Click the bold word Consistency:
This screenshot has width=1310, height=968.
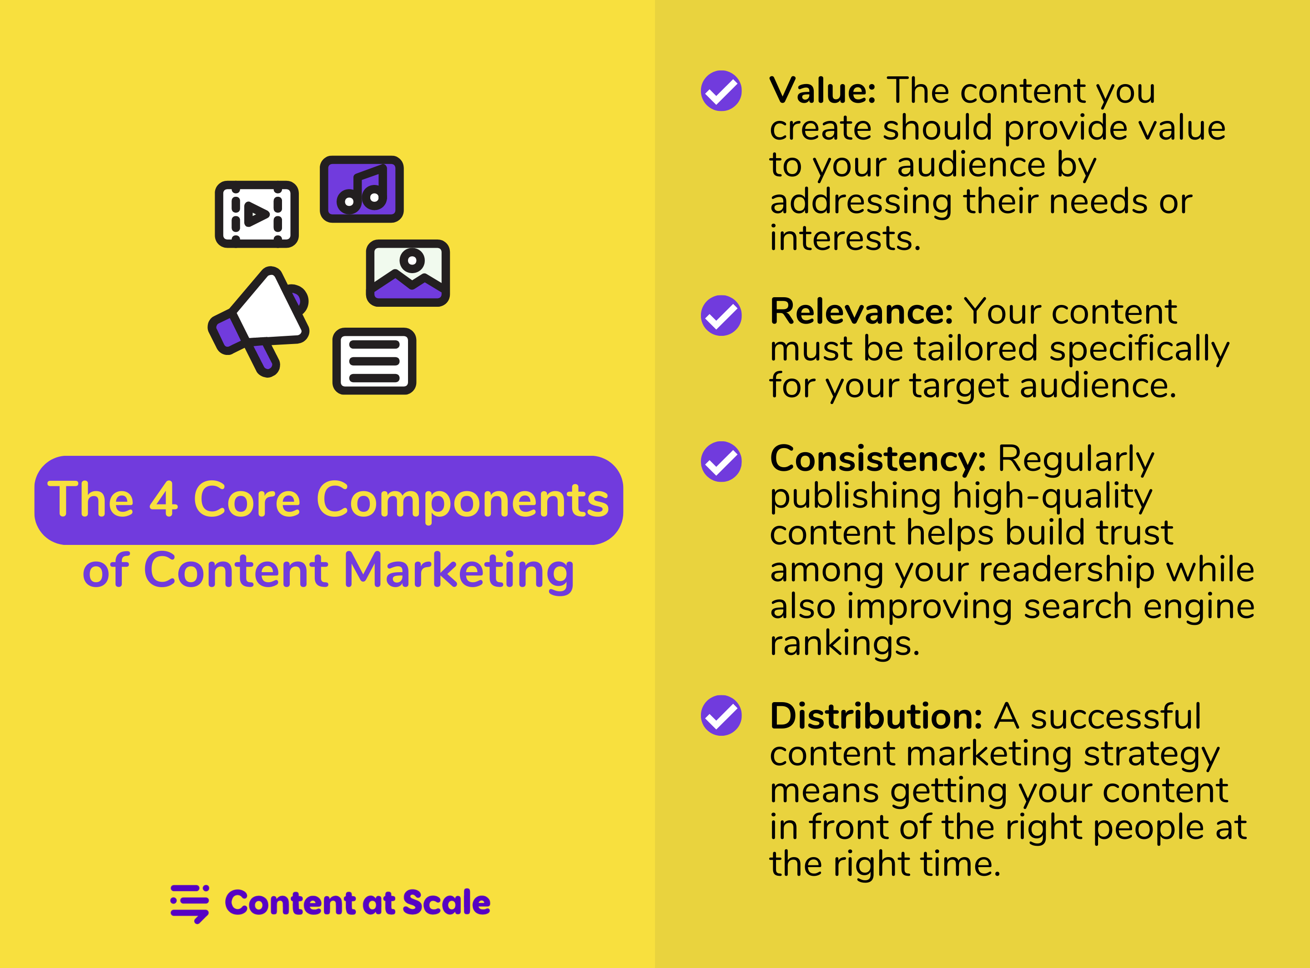coord(878,459)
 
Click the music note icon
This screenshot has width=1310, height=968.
coord(361,189)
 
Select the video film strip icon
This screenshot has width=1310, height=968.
coord(257,215)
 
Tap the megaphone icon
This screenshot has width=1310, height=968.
coord(259,321)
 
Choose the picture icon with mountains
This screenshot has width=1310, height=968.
coord(408,273)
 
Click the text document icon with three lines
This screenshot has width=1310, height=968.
coord(374,361)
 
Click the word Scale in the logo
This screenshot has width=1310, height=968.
coord(446,903)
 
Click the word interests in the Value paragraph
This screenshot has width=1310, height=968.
coord(845,238)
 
